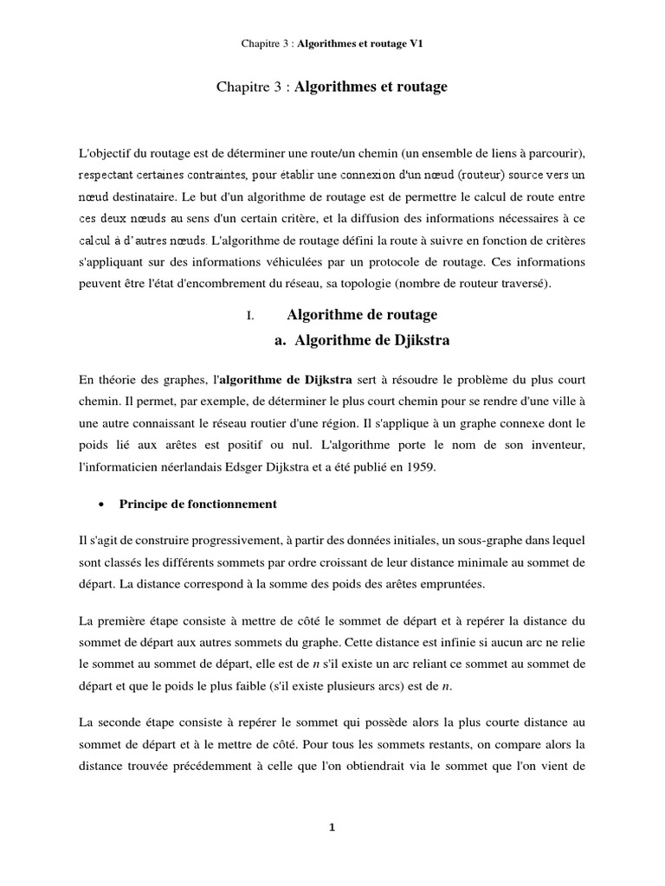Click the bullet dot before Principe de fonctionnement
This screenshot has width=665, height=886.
click(x=103, y=504)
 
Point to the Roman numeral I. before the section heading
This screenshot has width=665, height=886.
click(x=249, y=316)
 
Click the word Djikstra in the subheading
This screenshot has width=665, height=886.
click(x=414, y=341)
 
